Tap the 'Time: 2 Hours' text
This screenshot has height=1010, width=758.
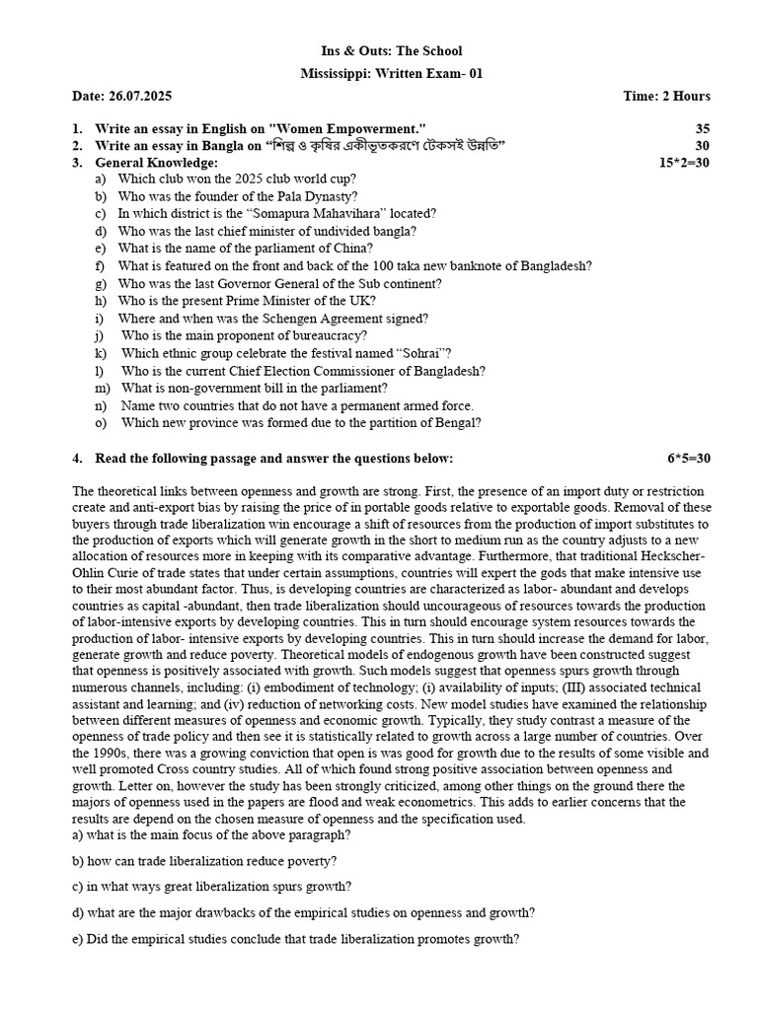coord(666,96)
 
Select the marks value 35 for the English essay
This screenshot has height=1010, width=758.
coord(702,128)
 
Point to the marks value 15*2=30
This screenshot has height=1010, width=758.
coord(684,163)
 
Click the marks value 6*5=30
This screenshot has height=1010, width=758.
coord(688,459)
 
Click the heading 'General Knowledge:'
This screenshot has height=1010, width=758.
coord(156,163)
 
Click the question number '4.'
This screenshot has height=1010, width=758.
coord(78,459)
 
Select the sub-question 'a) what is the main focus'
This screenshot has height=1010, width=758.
coord(211,834)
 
